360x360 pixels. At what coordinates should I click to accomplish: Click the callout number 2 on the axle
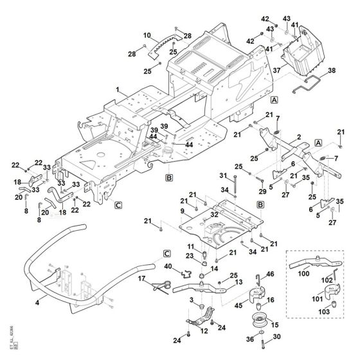(300, 137)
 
